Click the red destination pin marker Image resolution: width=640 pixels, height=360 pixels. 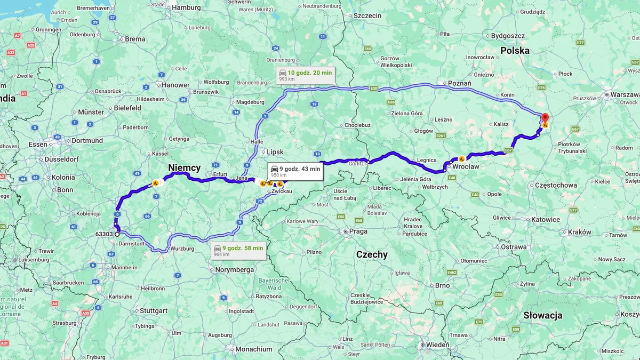[x=545, y=118]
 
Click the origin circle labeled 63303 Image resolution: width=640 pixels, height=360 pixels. [x=117, y=234]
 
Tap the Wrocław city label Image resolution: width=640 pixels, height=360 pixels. [x=467, y=166]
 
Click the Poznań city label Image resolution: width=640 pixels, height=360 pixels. [x=459, y=83]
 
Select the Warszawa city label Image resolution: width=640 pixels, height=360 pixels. [x=625, y=94]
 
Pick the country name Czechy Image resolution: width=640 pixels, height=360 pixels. [x=372, y=254]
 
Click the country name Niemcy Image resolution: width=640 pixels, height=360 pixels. [x=184, y=168]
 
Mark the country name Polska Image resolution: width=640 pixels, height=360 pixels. [x=515, y=51]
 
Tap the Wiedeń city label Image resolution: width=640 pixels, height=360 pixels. [x=437, y=345]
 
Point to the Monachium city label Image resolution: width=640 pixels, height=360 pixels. [x=253, y=349]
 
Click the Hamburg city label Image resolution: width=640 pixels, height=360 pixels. [x=186, y=7]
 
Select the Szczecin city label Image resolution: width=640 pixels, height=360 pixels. [x=367, y=15]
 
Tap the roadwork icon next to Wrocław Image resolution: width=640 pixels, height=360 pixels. [x=461, y=159]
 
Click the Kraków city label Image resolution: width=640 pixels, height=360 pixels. [x=579, y=232]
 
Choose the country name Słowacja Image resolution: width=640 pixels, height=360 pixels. [x=542, y=315]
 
